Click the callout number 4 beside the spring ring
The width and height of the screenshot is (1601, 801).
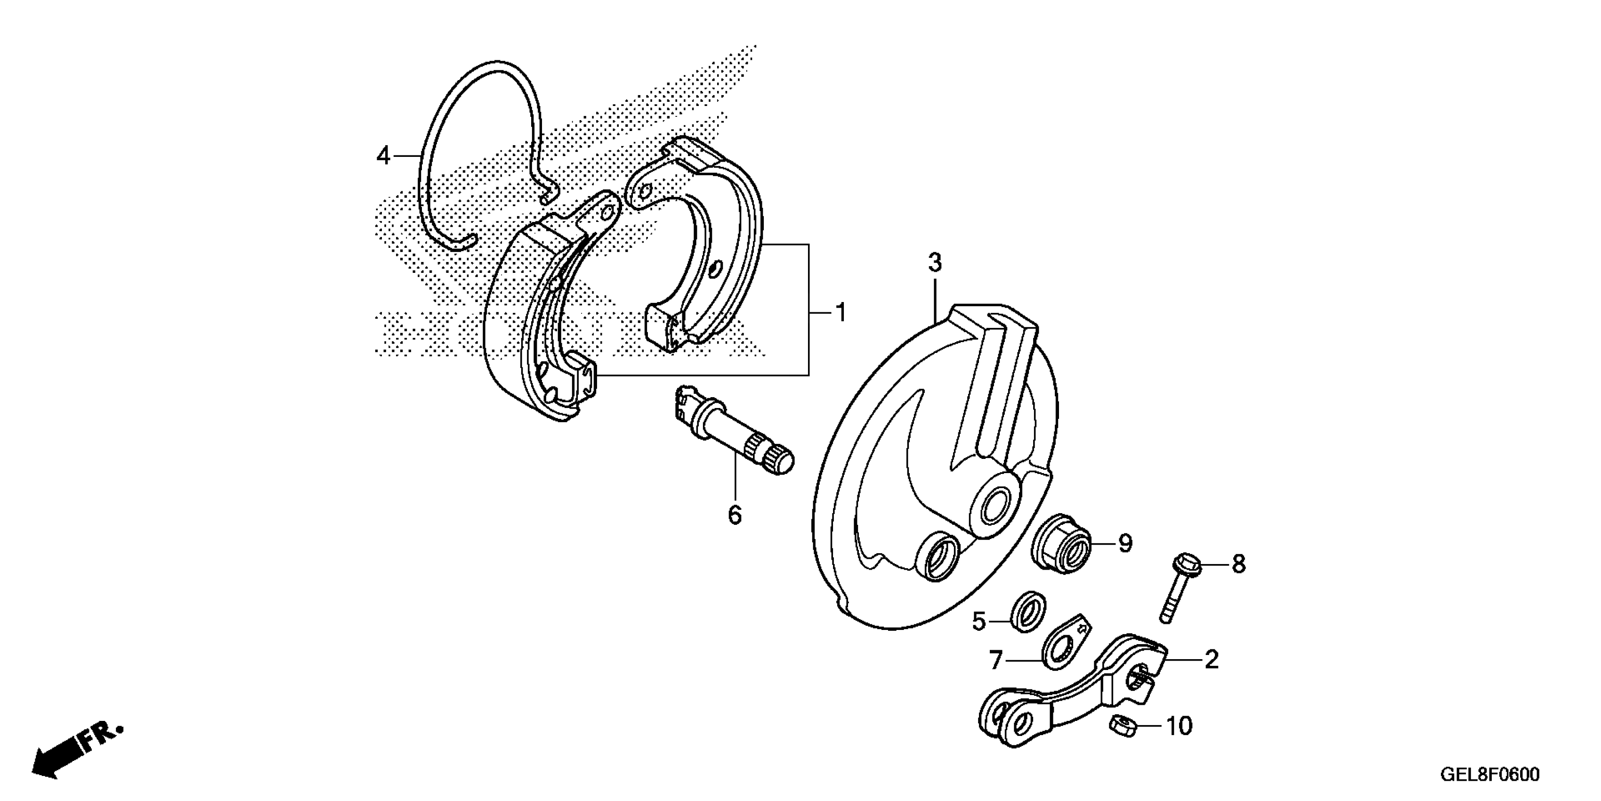[383, 155]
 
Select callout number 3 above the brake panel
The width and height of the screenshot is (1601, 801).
[935, 263]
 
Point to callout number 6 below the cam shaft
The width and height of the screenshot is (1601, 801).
[735, 515]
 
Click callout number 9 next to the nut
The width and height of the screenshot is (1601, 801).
[1125, 544]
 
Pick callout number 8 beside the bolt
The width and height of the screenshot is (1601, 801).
[1239, 564]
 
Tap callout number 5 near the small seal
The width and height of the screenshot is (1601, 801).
[979, 621]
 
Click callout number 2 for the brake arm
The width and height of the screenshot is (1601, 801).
[1211, 660]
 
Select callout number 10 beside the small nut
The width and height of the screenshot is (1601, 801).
[1179, 726]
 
